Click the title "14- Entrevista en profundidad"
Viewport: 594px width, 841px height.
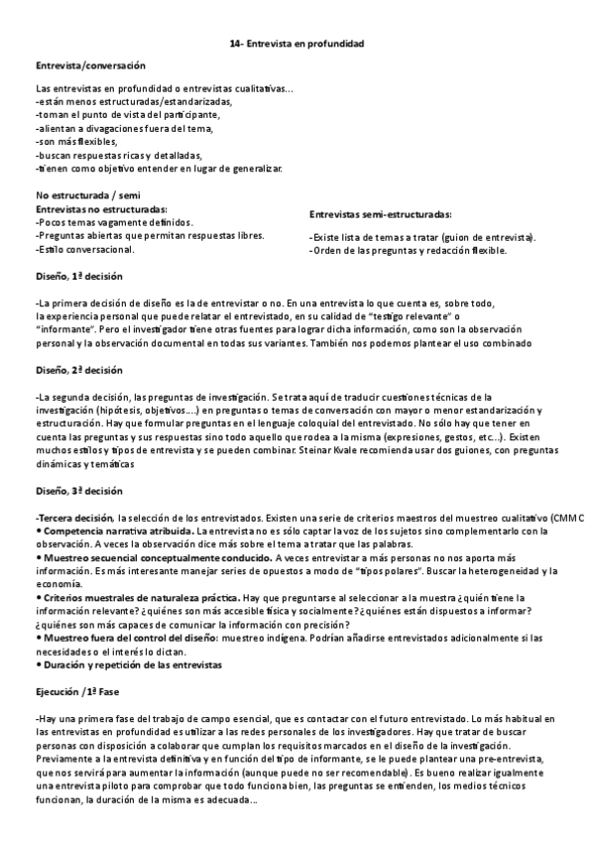297,45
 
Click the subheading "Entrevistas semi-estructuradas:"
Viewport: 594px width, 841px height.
381,214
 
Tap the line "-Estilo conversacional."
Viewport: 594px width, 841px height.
84,249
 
